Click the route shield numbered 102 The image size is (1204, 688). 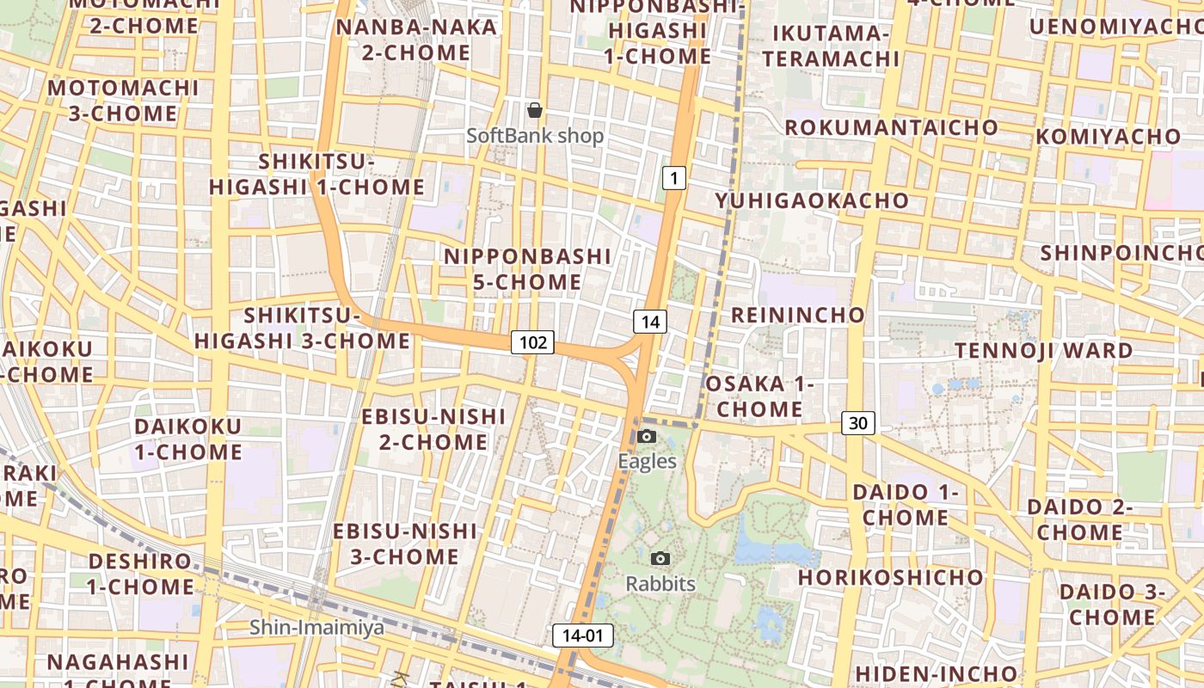coord(533,342)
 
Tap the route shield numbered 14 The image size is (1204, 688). coord(650,322)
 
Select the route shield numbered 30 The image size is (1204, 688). coord(857,422)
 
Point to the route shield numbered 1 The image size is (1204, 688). coord(674,178)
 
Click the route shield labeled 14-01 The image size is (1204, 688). coord(582,636)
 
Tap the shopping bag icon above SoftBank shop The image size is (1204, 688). coord(535,110)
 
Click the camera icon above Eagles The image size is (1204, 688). coord(647,437)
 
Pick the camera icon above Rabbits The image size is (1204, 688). coord(660,559)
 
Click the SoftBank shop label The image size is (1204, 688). coord(535,136)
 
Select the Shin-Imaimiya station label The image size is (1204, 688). coord(316,627)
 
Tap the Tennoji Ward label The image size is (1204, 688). coord(1044,351)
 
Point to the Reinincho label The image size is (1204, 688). coord(797,315)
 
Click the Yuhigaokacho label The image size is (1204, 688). coord(812,200)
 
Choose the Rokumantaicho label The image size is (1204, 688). coord(892,127)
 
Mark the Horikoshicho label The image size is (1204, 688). coord(889,577)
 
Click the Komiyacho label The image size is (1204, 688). coord(1108,137)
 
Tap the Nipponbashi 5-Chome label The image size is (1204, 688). coord(527,269)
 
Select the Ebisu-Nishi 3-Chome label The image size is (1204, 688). coord(404,544)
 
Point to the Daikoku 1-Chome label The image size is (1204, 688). coord(187,439)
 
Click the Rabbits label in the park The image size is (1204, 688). coord(660,584)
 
